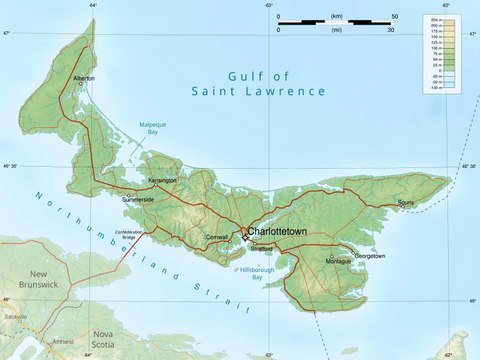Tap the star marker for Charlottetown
(x=244, y=237)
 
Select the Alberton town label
(x=84, y=77)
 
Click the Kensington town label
(x=162, y=181)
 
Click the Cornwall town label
(x=217, y=237)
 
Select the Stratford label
(x=261, y=246)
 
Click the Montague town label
(x=339, y=261)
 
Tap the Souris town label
(x=405, y=203)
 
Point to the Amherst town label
(x=63, y=341)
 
